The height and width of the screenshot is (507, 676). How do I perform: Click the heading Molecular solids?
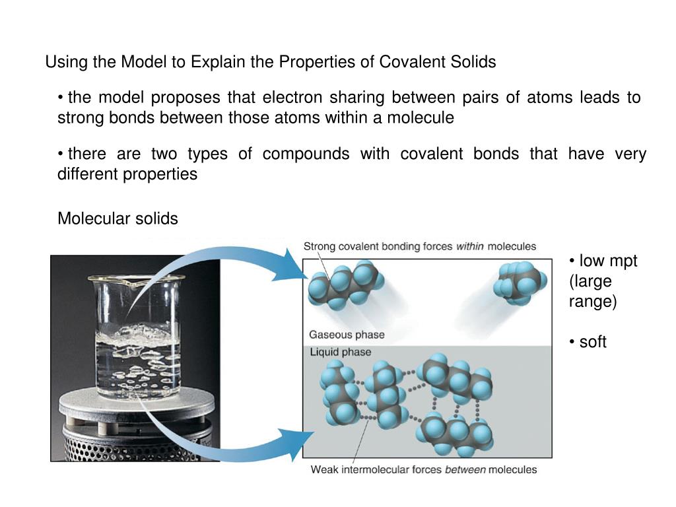[x=118, y=219]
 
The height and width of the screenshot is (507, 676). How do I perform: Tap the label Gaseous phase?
[x=347, y=335]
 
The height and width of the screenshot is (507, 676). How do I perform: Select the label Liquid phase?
[x=341, y=352]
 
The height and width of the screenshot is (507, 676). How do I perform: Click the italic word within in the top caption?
[x=469, y=246]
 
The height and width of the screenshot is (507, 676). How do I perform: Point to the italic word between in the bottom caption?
[x=465, y=470]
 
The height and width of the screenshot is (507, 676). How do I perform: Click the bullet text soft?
[x=592, y=342]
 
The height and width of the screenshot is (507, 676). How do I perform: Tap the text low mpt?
[x=607, y=261]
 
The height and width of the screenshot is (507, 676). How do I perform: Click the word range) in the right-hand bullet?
[x=592, y=302]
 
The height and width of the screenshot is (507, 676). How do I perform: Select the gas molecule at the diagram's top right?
[x=521, y=282]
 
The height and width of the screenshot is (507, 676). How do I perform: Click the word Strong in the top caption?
[x=319, y=246]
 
